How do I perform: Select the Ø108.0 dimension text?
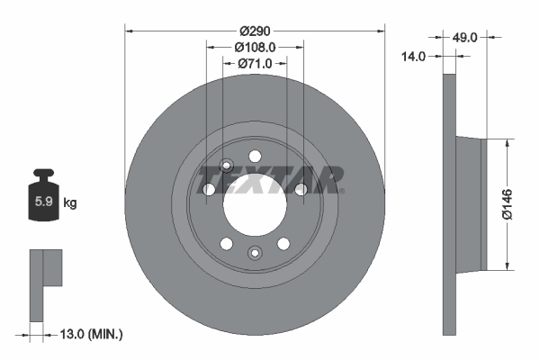click(255, 46)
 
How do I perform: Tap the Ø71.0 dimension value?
click(255, 63)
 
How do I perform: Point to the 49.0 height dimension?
click(464, 37)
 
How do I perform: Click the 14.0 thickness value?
click(414, 56)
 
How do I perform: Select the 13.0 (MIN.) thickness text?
click(88, 334)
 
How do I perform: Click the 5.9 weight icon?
click(43, 200)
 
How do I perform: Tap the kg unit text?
click(69, 203)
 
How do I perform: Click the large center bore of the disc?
click(255, 200)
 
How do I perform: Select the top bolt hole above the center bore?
click(255, 155)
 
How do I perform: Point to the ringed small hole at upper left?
click(226, 166)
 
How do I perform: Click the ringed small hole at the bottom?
click(255, 253)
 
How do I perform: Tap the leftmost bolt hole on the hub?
click(209, 189)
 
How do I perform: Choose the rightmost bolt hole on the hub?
click(301, 188)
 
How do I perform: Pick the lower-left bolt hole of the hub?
click(226, 244)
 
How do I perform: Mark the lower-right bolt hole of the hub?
click(283, 244)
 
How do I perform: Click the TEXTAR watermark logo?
click(270, 180)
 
